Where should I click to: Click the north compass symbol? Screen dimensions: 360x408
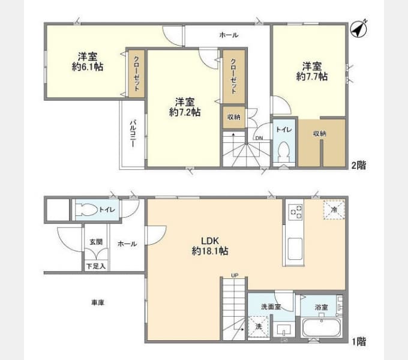point(359,28)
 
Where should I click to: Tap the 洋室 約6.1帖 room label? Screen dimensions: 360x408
point(87,62)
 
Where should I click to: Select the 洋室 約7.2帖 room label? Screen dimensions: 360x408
point(184,107)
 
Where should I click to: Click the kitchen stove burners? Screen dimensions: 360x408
point(296,211)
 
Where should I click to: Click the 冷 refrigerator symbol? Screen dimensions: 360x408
point(332,210)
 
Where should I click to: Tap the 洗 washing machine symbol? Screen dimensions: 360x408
point(258,328)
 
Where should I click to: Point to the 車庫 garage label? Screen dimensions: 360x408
point(98,303)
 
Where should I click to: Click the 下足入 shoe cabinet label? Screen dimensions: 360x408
point(95,265)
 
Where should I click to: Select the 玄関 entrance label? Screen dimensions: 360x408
point(96,241)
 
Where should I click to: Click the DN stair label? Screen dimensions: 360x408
point(259,138)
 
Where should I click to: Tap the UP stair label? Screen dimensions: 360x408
point(235,275)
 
